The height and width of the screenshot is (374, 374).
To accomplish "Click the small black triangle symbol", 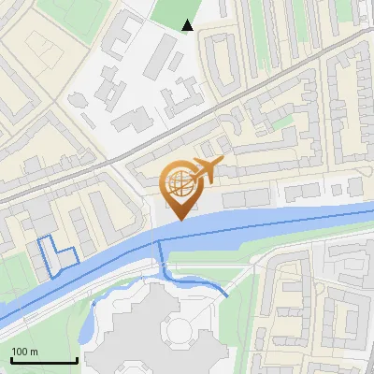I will click(x=188, y=25).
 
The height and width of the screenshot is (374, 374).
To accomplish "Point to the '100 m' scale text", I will click(x=24, y=352).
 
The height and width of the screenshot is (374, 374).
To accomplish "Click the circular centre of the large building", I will click(x=177, y=329).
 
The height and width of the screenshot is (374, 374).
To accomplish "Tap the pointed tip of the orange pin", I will click(x=180, y=219).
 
